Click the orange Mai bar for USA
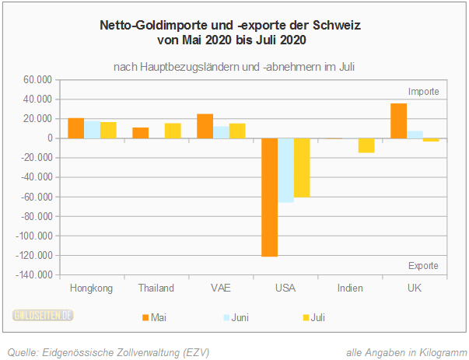[x=269, y=197]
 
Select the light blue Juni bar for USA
[x=285, y=170]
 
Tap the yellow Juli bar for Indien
[x=366, y=145]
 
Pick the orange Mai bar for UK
[x=398, y=121]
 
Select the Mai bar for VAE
[x=205, y=126]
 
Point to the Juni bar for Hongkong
[x=92, y=129]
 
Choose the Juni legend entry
[x=233, y=317]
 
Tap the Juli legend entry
[x=313, y=317]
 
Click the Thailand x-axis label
[x=156, y=288]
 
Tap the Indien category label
[x=350, y=288]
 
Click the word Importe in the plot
[x=424, y=91]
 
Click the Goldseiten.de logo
[x=43, y=316]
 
